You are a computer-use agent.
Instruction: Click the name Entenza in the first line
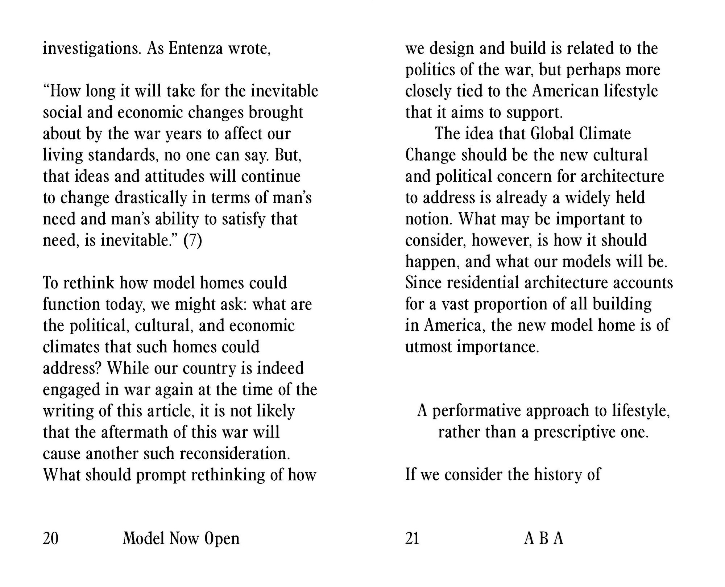click(x=196, y=49)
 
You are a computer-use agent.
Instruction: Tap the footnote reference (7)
click(x=192, y=240)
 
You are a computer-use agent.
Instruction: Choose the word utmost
click(x=428, y=347)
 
